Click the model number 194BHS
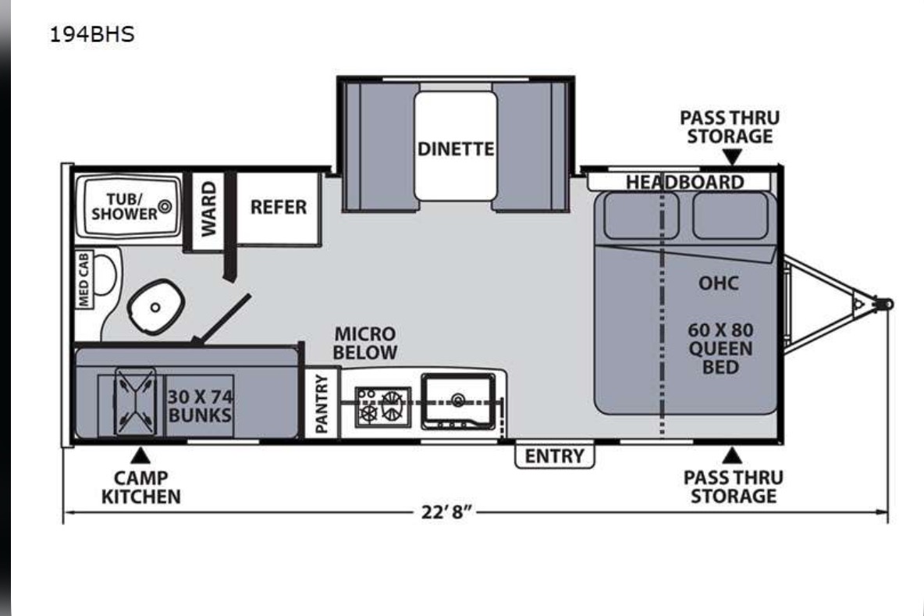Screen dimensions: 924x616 [92, 34]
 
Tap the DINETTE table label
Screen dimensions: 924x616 [456, 148]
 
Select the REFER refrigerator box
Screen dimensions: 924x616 [278, 208]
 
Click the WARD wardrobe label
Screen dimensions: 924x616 [208, 208]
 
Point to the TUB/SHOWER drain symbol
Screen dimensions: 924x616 [165, 206]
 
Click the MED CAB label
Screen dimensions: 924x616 [84, 280]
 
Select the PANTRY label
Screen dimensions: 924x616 [322, 404]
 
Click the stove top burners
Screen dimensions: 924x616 [382, 407]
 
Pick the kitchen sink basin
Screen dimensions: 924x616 [458, 401]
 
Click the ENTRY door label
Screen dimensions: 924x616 [555, 456]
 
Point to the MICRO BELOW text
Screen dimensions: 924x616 [364, 343]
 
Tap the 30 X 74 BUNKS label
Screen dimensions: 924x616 [200, 405]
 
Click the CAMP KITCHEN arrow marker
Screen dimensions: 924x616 [140, 455]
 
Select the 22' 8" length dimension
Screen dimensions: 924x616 [446, 511]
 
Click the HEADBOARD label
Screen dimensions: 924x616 [684, 182]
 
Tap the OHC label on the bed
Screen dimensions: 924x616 [718, 283]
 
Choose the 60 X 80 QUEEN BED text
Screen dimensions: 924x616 [720, 348]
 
